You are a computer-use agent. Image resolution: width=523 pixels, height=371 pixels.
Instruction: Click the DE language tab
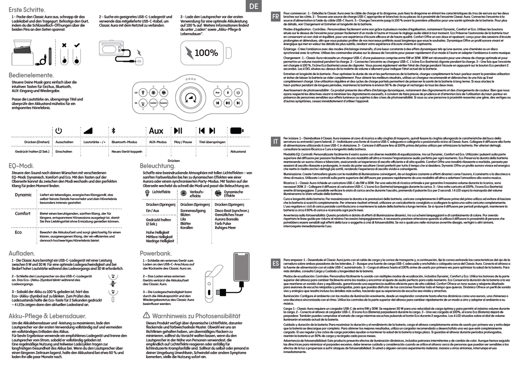click(254, 6)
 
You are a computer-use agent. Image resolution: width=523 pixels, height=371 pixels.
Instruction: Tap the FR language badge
click(276, 16)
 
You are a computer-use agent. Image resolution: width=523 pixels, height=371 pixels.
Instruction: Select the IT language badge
click(275, 141)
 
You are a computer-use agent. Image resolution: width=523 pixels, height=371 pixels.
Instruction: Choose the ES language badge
click(275, 264)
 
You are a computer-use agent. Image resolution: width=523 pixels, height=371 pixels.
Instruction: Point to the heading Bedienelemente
click(32, 75)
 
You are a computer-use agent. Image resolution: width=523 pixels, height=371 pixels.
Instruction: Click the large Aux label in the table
click(156, 131)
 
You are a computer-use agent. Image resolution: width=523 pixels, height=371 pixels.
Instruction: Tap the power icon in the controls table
click(58, 131)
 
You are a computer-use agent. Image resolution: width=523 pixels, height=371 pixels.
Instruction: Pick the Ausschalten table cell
click(64, 142)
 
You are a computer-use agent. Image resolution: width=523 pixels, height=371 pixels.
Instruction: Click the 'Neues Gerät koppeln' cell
click(127, 151)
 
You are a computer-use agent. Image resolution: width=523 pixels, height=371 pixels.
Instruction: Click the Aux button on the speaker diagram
click(217, 93)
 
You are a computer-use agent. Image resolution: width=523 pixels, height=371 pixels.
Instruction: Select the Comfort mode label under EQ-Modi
click(23, 214)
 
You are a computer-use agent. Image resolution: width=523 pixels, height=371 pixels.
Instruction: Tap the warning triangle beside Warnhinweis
click(147, 315)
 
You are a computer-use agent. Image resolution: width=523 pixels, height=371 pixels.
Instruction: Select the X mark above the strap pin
click(65, 45)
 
